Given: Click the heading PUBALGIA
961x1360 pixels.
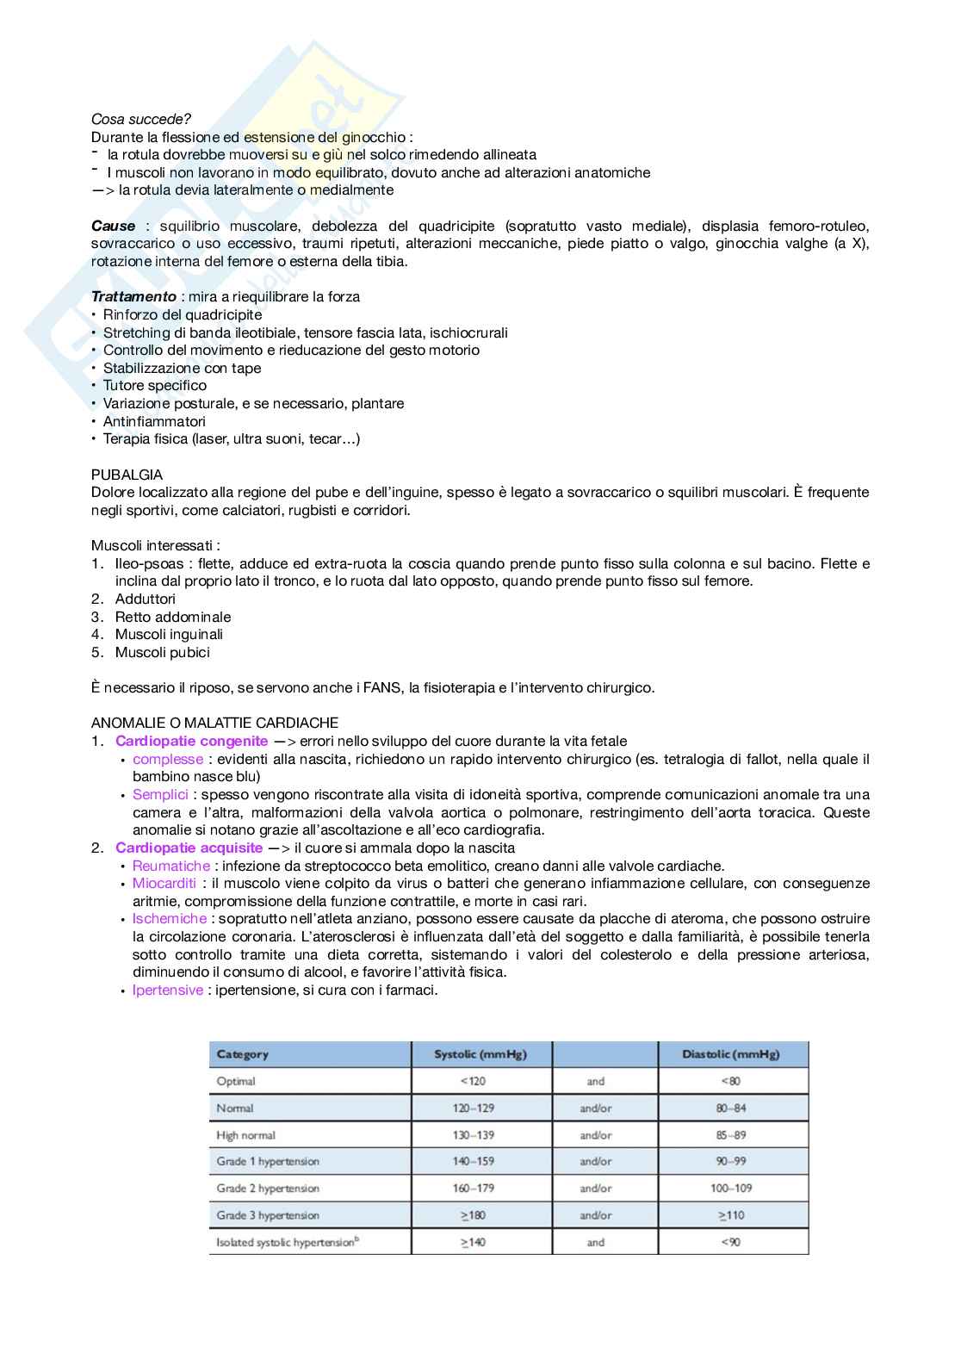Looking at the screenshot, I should click(x=127, y=475).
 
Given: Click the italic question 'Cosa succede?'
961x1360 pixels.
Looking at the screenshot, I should click(x=141, y=119).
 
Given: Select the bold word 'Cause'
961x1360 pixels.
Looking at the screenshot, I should click(x=114, y=226).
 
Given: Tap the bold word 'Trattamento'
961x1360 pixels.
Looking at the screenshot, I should click(x=133, y=296).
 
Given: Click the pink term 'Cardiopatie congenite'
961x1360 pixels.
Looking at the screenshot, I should click(x=191, y=741).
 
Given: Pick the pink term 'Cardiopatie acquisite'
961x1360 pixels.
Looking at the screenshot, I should click(x=189, y=848).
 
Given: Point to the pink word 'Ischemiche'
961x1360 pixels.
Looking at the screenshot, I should click(x=169, y=918).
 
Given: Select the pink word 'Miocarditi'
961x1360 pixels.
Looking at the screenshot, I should click(x=164, y=883).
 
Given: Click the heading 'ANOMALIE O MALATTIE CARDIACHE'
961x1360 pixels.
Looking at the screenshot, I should click(x=214, y=723).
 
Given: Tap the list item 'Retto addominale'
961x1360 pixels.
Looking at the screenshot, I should click(x=172, y=617).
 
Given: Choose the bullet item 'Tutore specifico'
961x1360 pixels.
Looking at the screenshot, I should click(x=155, y=385).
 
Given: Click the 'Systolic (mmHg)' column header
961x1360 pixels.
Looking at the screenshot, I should click(x=480, y=1054).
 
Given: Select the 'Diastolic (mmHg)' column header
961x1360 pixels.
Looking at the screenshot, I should click(x=730, y=1054).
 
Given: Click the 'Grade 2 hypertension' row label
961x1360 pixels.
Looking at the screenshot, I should click(x=268, y=1188).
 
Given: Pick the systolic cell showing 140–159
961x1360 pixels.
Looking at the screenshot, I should click(x=473, y=1161).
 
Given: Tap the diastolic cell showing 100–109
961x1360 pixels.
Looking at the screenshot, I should click(x=730, y=1188).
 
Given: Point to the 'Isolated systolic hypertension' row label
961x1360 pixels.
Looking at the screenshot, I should click(x=287, y=1242).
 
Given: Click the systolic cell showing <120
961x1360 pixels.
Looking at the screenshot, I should click(x=473, y=1081).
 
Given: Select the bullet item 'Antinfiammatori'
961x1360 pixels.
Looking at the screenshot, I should click(x=154, y=421).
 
